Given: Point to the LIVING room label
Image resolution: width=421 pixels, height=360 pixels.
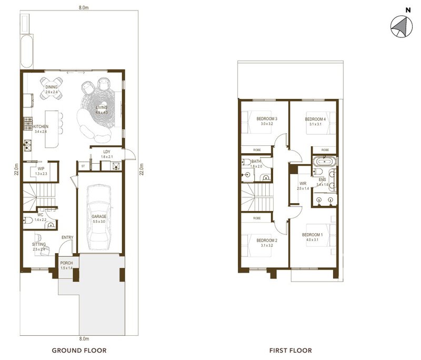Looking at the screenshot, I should pos(101,108).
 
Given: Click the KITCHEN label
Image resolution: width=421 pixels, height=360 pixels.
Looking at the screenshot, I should pos(41,127).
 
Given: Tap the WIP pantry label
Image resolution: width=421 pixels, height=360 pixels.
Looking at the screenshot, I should pos(41,169).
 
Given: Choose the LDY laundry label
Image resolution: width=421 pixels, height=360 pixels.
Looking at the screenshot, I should pos(107,152).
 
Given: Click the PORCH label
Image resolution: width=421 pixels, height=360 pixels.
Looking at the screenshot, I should pos(66,263).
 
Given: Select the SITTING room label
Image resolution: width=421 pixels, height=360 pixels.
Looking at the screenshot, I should pos(38,244).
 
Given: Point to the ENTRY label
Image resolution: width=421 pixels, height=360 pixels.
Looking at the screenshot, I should pos(67,237).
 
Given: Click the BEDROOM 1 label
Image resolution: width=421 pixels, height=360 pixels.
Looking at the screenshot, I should pos(312,235).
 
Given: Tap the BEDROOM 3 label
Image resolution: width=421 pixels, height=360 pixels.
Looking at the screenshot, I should pos(267,119).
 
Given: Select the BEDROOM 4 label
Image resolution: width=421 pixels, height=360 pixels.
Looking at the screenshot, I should pos(315,119).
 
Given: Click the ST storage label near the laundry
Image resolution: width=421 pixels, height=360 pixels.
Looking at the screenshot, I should pos(83,166).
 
